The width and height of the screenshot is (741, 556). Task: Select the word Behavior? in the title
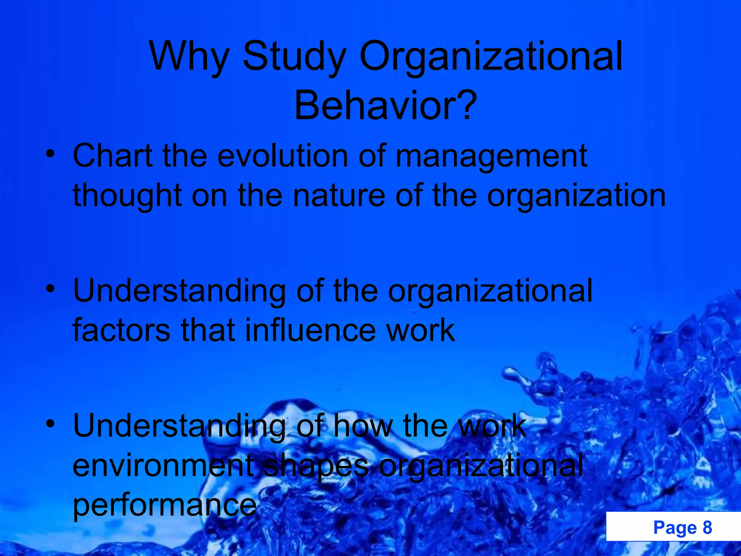385,106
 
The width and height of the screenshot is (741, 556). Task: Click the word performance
165,506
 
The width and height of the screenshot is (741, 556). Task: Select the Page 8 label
682,527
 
